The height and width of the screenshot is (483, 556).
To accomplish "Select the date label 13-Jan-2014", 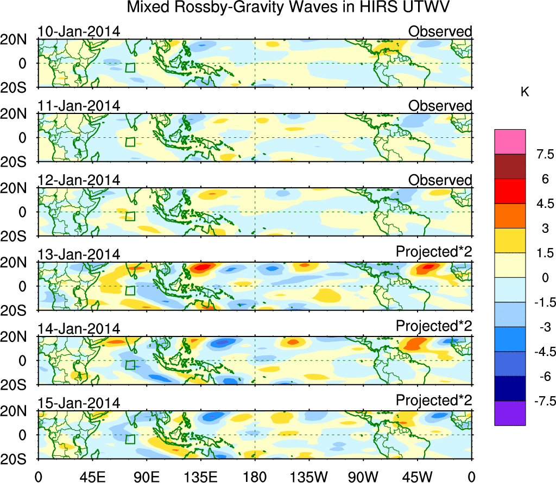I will point(79,255).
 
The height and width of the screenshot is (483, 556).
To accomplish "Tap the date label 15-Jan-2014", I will point(79,403).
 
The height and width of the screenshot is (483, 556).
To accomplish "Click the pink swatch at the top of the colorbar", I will point(510,142).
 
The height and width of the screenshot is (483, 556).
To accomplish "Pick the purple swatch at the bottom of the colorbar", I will point(510,413).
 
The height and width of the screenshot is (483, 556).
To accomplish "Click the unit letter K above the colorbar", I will point(525,93).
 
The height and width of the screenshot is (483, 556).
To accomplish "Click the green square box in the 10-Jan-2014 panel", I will point(130,67).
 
